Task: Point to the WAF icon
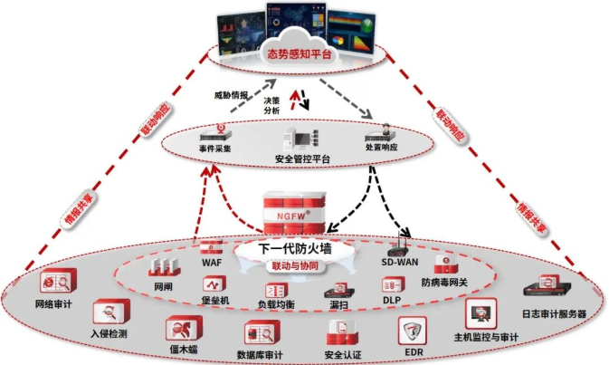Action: pyautogui.click(x=212, y=245)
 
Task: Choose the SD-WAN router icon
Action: pyautogui.click(x=399, y=245)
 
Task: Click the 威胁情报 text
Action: pyautogui.click(x=229, y=94)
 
